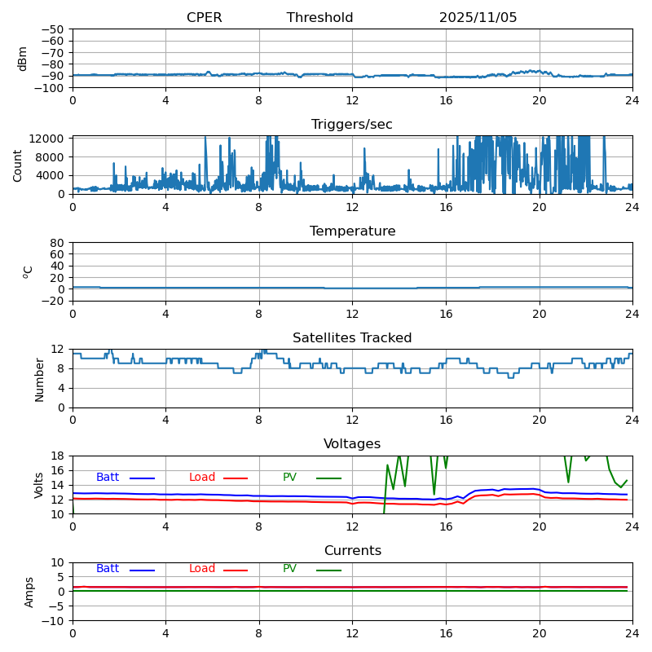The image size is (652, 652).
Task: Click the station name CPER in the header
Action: point(204,18)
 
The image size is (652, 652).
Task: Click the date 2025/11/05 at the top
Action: point(478,18)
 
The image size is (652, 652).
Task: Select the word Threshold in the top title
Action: point(319,18)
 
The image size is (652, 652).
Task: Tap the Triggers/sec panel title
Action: point(352,125)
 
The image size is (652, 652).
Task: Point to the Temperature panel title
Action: point(352,231)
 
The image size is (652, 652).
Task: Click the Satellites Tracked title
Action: point(352,338)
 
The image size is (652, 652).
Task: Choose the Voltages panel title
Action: point(352,444)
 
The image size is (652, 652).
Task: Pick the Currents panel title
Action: point(352,551)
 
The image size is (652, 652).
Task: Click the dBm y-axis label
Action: point(23,59)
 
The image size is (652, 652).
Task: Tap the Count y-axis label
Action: point(18,165)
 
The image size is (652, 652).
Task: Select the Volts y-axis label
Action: point(39,485)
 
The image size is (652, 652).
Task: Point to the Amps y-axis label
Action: point(29,592)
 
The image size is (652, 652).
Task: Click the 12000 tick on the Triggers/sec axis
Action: point(48,139)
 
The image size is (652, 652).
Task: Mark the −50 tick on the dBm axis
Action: point(52,29)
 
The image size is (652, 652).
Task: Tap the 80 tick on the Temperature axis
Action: point(58,243)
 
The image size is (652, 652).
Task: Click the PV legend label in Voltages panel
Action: point(290,478)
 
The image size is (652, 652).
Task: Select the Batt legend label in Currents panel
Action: point(108,569)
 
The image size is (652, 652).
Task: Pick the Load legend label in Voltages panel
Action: point(202,478)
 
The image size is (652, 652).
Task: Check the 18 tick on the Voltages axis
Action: point(58,456)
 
